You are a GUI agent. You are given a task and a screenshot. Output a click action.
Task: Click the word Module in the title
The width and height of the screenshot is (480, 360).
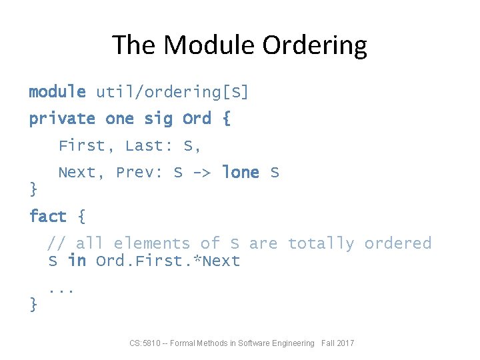(x=209, y=45)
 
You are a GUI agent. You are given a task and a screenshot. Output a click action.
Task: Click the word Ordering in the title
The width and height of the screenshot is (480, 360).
(x=315, y=45)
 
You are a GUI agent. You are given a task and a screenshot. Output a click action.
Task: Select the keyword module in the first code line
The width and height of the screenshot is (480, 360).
(x=57, y=92)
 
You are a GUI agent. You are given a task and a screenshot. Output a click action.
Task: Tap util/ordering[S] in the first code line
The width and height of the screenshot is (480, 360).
(x=172, y=92)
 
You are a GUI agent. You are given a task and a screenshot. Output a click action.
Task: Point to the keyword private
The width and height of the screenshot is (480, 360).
(x=62, y=119)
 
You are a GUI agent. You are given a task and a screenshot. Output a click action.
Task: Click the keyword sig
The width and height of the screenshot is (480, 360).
(x=157, y=119)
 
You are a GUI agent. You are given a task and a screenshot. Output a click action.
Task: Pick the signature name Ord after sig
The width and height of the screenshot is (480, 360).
(x=197, y=119)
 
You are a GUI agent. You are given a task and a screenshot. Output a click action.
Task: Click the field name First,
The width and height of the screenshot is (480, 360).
(x=86, y=145)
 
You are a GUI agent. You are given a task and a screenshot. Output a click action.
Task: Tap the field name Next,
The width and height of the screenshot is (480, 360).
(x=81, y=173)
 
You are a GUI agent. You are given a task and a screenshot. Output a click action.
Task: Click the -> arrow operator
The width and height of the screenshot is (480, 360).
(x=202, y=173)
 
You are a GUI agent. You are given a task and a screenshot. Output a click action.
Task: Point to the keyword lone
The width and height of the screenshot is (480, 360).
(x=240, y=173)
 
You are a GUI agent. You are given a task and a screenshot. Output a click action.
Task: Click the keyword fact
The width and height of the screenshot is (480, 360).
(x=48, y=217)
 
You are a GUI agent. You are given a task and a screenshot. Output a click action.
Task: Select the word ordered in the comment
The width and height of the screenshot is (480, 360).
(x=397, y=243)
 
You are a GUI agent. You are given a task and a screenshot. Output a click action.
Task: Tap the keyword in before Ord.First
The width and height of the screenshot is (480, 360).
(x=77, y=261)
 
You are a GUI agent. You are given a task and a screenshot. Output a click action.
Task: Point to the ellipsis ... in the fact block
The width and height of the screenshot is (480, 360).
(x=61, y=290)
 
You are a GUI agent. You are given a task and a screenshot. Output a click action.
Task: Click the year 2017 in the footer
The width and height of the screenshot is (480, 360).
(x=346, y=343)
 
